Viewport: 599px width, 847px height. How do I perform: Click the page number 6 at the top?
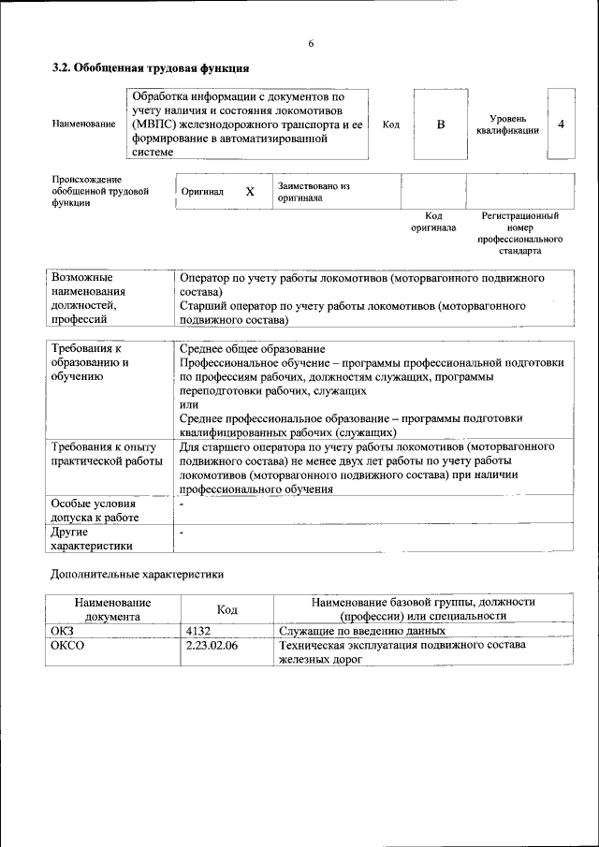(x=310, y=44)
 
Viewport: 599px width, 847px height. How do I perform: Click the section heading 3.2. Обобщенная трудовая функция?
(x=150, y=68)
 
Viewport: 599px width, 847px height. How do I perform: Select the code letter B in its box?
(x=440, y=124)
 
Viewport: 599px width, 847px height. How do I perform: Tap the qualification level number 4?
(x=561, y=124)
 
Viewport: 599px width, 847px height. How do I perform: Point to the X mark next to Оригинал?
(x=250, y=192)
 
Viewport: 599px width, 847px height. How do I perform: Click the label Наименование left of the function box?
(x=84, y=124)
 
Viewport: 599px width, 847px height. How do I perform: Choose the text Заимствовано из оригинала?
(x=314, y=192)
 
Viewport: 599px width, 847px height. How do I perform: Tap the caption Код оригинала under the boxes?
(x=432, y=221)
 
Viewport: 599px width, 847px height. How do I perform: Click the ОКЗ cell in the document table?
(x=61, y=632)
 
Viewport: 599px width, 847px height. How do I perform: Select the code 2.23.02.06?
(x=212, y=646)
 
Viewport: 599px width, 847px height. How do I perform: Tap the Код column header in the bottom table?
(x=226, y=610)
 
